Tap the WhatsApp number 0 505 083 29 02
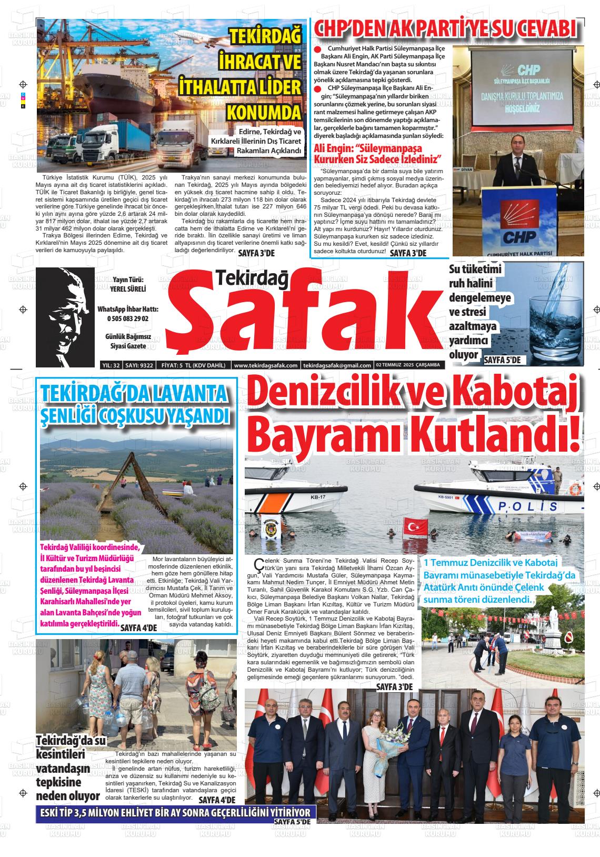[x=128, y=318]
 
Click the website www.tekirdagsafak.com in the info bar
[x=266, y=365]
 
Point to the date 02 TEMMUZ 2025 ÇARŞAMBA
[x=409, y=365]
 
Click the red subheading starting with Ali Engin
[x=377, y=154]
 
